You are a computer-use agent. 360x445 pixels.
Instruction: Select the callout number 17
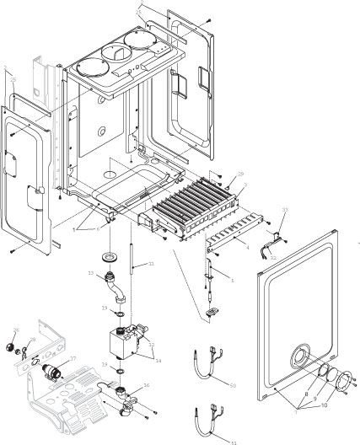[73, 357]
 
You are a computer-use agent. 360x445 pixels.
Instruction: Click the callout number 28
[32, 340]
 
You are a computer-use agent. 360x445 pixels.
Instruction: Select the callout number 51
[234, 440]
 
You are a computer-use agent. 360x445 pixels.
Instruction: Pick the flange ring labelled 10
[344, 387]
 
